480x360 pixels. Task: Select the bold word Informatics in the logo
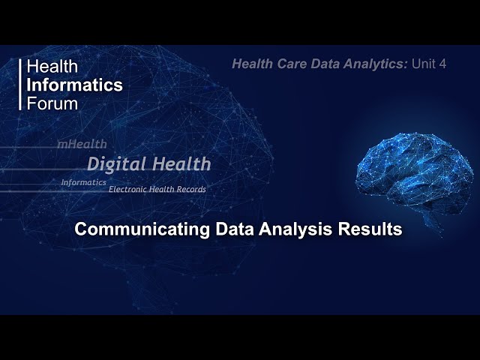74,85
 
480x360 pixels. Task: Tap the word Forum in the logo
52,103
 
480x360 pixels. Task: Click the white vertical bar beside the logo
20,85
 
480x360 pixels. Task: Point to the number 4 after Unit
442,64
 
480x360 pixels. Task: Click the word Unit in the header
424,64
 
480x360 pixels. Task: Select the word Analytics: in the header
379,64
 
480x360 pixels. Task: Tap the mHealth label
82,143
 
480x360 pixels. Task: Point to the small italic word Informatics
83,182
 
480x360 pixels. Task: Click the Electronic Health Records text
157,189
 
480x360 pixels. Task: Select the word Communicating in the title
131,229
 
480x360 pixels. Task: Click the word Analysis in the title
274,229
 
